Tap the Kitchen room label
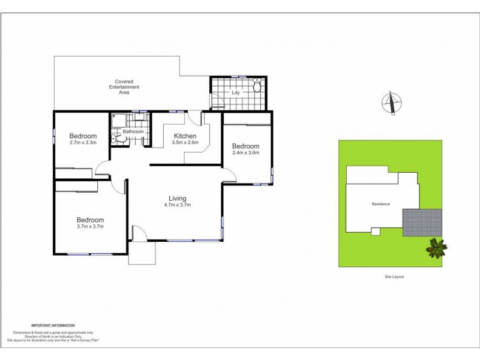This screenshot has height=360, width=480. coord(182,136)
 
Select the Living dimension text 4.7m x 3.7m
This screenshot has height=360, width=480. coord(177,205)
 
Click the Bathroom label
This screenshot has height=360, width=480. coord(133,131)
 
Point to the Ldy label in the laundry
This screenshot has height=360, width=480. coord(235,94)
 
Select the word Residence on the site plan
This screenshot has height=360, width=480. coord(380,204)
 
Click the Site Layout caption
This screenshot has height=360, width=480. coord(394,277)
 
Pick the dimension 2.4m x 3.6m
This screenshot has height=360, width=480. coord(246,152)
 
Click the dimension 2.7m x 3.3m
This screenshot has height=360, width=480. coord(83,143)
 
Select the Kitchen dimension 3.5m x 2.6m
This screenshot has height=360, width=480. coord(182,143)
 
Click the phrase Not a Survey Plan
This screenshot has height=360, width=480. coord(85,340)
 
